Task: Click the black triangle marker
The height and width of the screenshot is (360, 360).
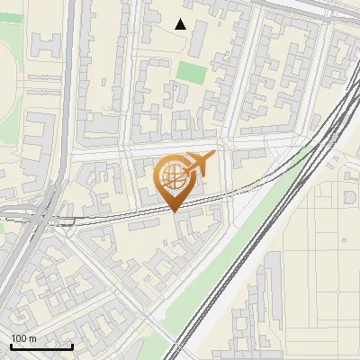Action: [x=181, y=24]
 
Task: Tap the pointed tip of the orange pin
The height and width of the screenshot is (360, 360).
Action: [x=174, y=212]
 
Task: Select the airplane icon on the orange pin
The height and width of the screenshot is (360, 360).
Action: [x=197, y=164]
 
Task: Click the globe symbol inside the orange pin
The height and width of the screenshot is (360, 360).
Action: [x=173, y=177]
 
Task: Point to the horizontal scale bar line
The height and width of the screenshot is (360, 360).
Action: [x=40, y=346]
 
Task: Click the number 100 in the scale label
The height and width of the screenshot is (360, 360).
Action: [x=19, y=338]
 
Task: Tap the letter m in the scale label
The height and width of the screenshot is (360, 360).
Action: [x=32, y=339]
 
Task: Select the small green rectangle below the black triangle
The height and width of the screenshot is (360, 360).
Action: [x=191, y=72]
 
